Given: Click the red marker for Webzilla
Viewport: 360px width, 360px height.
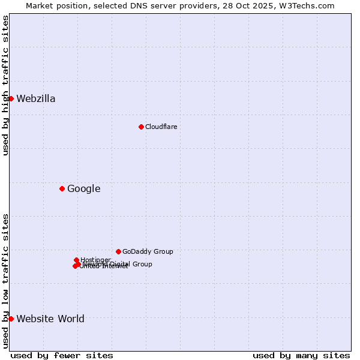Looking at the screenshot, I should coord(11,98).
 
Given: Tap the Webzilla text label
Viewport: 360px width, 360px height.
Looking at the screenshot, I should coord(36,99).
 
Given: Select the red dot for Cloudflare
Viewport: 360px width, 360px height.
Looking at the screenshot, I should coord(141,127).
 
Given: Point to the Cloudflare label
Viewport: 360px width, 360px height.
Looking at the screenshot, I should coord(161,127).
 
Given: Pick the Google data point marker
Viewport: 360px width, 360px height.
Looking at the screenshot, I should coord(62,188).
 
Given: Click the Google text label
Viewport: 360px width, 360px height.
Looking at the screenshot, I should coord(83,189).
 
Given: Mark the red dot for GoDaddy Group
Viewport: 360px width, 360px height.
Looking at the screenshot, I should coord(118,251).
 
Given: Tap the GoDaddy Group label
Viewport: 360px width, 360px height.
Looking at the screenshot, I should coord(148,251).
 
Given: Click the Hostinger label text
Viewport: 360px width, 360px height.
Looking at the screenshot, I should coord(95,260).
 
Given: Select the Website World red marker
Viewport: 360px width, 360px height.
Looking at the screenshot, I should coord(11,319).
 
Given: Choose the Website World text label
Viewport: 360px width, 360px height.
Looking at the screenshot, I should coord(50,319).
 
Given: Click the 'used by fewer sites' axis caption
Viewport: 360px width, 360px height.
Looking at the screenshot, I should coord(62,355).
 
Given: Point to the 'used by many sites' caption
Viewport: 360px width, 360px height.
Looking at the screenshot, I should coord(301,355).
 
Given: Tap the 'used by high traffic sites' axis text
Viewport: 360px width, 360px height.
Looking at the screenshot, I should coord(5,85).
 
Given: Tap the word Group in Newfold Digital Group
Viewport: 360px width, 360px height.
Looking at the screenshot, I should coord(142,264).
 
